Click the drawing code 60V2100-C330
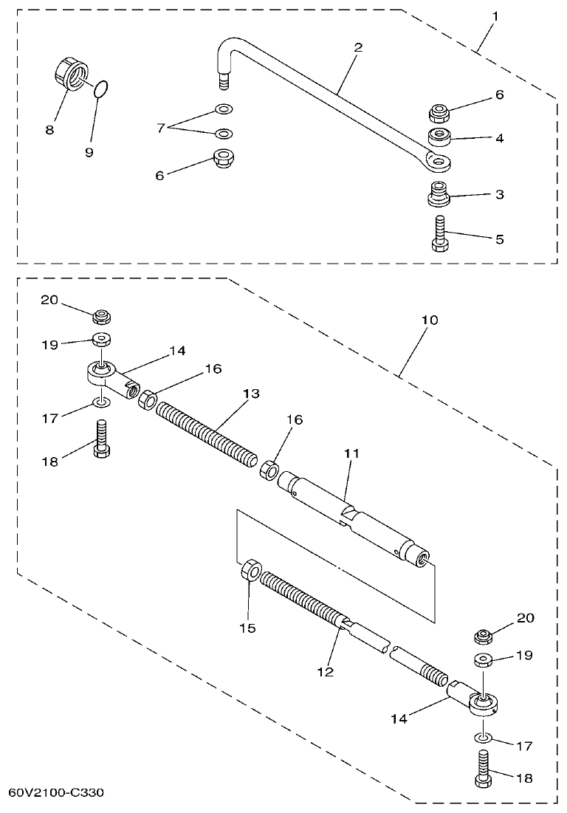pos(56,792)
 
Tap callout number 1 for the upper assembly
pos(496,15)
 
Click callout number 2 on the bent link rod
pos(358,47)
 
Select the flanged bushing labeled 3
pos(439,195)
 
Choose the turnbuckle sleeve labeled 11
pos(354,521)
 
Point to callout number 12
pos(325,672)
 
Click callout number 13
pos(251,394)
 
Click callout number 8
pos(49,129)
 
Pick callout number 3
pos(500,195)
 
